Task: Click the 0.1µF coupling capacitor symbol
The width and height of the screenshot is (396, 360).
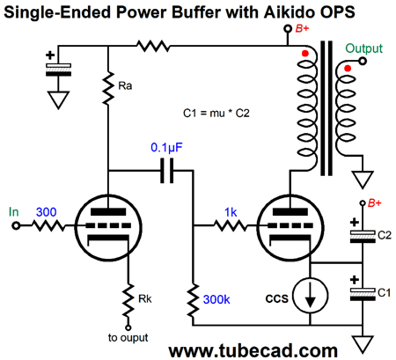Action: [x=167, y=171]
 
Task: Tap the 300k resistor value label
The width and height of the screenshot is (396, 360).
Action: [x=216, y=299]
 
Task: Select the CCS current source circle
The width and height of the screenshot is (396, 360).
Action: [x=311, y=296]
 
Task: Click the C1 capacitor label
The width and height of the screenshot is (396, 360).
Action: [x=384, y=292]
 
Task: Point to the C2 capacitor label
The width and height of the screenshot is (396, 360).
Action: [x=385, y=235]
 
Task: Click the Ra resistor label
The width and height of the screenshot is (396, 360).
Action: [x=125, y=85]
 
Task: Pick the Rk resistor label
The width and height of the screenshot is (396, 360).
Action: [x=145, y=298]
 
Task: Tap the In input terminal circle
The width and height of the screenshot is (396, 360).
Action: [x=16, y=226]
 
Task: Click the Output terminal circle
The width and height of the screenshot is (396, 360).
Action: [x=363, y=61]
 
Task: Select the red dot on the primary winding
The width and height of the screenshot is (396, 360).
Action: [x=305, y=54]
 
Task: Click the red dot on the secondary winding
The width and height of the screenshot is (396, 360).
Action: [x=348, y=69]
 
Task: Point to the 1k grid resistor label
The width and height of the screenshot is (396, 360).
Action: [x=231, y=212]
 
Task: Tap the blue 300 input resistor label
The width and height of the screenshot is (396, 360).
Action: [x=47, y=212]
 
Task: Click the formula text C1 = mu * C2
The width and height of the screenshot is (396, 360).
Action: [x=216, y=113]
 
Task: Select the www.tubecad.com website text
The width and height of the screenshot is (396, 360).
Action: [x=253, y=350]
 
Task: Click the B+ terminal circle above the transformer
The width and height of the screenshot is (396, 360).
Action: [x=288, y=28]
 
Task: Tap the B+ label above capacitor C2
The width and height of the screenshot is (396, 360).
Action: [x=375, y=202]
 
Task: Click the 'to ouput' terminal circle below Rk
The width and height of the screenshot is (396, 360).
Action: [x=128, y=327]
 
